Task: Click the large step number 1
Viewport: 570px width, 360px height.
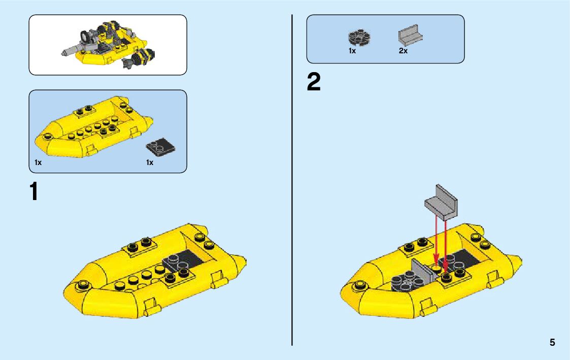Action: tap(34, 191)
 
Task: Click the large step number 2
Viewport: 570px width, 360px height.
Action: tap(314, 82)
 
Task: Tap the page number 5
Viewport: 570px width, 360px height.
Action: tap(552, 342)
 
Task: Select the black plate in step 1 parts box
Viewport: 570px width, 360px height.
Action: tap(160, 148)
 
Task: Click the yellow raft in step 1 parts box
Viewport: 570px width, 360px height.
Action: tap(93, 127)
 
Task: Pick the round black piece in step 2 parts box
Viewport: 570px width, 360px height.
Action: tap(359, 38)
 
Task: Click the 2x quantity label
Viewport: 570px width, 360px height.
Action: tap(403, 51)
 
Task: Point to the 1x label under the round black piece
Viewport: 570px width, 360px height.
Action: tap(352, 51)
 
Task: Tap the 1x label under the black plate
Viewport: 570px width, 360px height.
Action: tap(150, 162)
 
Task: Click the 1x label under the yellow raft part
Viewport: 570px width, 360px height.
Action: tap(38, 162)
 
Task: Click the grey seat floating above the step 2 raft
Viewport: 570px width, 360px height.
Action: tap(441, 202)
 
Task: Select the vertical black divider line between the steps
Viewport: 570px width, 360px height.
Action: tap(292, 180)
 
